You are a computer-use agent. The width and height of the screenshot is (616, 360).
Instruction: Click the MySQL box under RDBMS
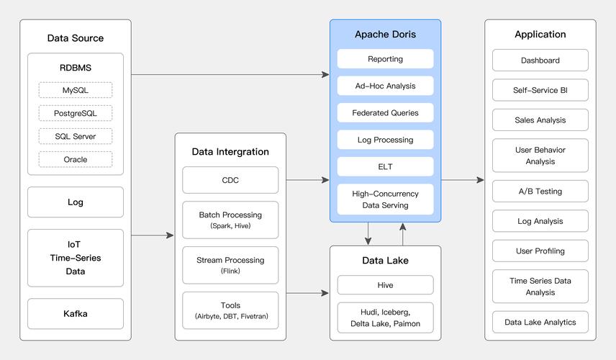tap(76, 90)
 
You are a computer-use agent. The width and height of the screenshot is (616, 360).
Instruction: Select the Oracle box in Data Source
tap(76, 159)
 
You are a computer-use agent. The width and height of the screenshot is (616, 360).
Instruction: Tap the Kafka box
tap(76, 314)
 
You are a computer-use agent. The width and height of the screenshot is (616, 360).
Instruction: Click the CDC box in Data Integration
tap(230, 180)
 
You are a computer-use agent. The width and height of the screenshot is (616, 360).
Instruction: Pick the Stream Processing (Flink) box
tap(230, 265)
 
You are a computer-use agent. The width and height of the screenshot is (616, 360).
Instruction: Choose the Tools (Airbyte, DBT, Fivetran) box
tap(230, 310)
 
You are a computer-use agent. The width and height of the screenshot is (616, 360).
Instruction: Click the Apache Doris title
tap(385, 35)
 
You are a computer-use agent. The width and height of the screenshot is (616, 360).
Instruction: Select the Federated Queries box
tap(385, 113)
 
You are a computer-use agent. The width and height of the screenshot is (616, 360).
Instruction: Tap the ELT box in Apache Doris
tap(385, 166)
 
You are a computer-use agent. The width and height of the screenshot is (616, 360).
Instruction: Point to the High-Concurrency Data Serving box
tap(385, 199)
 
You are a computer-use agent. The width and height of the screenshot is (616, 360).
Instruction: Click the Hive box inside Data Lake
tap(385, 285)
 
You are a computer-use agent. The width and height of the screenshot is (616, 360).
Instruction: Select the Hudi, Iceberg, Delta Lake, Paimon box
tap(385, 318)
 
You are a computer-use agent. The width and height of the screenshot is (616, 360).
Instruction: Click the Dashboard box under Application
tap(540, 60)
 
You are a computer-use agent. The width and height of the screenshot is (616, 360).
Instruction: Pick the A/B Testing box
tap(540, 192)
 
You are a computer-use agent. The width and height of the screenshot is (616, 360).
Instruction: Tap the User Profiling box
tap(540, 251)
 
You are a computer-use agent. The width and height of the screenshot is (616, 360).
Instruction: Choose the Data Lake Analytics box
tap(540, 322)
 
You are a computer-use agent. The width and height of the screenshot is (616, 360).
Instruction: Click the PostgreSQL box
tap(76, 113)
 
